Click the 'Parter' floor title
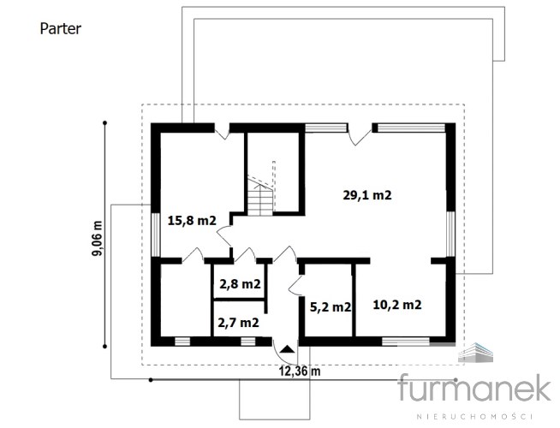(x=60, y=29)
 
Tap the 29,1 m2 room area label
(x=367, y=195)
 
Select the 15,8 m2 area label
(x=192, y=221)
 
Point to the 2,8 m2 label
(x=240, y=284)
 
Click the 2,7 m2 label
(x=238, y=323)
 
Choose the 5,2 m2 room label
(x=331, y=307)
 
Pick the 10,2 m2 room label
(x=397, y=305)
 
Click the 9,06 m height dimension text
(x=97, y=238)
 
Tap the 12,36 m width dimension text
(x=300, y=372)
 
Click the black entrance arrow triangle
(x=287, y=349)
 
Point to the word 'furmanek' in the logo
(x=474, y=388)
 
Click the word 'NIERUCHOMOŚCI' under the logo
(x=474, y=417)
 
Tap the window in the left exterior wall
(x=156, y=235)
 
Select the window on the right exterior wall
(x=450, y=234)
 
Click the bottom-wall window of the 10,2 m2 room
(x=406, y=342)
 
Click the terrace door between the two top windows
(x=360, y=134)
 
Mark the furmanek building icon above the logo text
(x=476, y=353)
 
